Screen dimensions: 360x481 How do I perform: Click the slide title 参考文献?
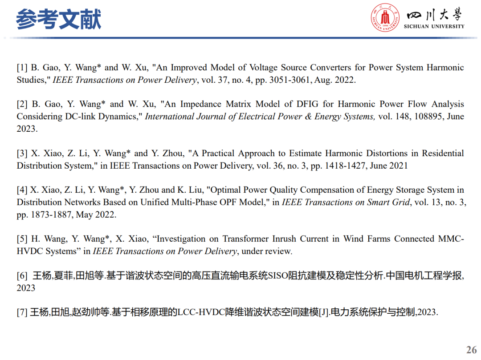58,20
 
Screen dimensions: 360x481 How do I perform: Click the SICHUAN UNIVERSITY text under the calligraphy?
434,26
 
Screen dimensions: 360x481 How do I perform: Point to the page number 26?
471,349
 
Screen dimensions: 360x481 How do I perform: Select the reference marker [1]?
22,68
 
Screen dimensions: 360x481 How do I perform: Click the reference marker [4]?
22,190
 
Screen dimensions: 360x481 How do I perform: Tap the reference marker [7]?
22,312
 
